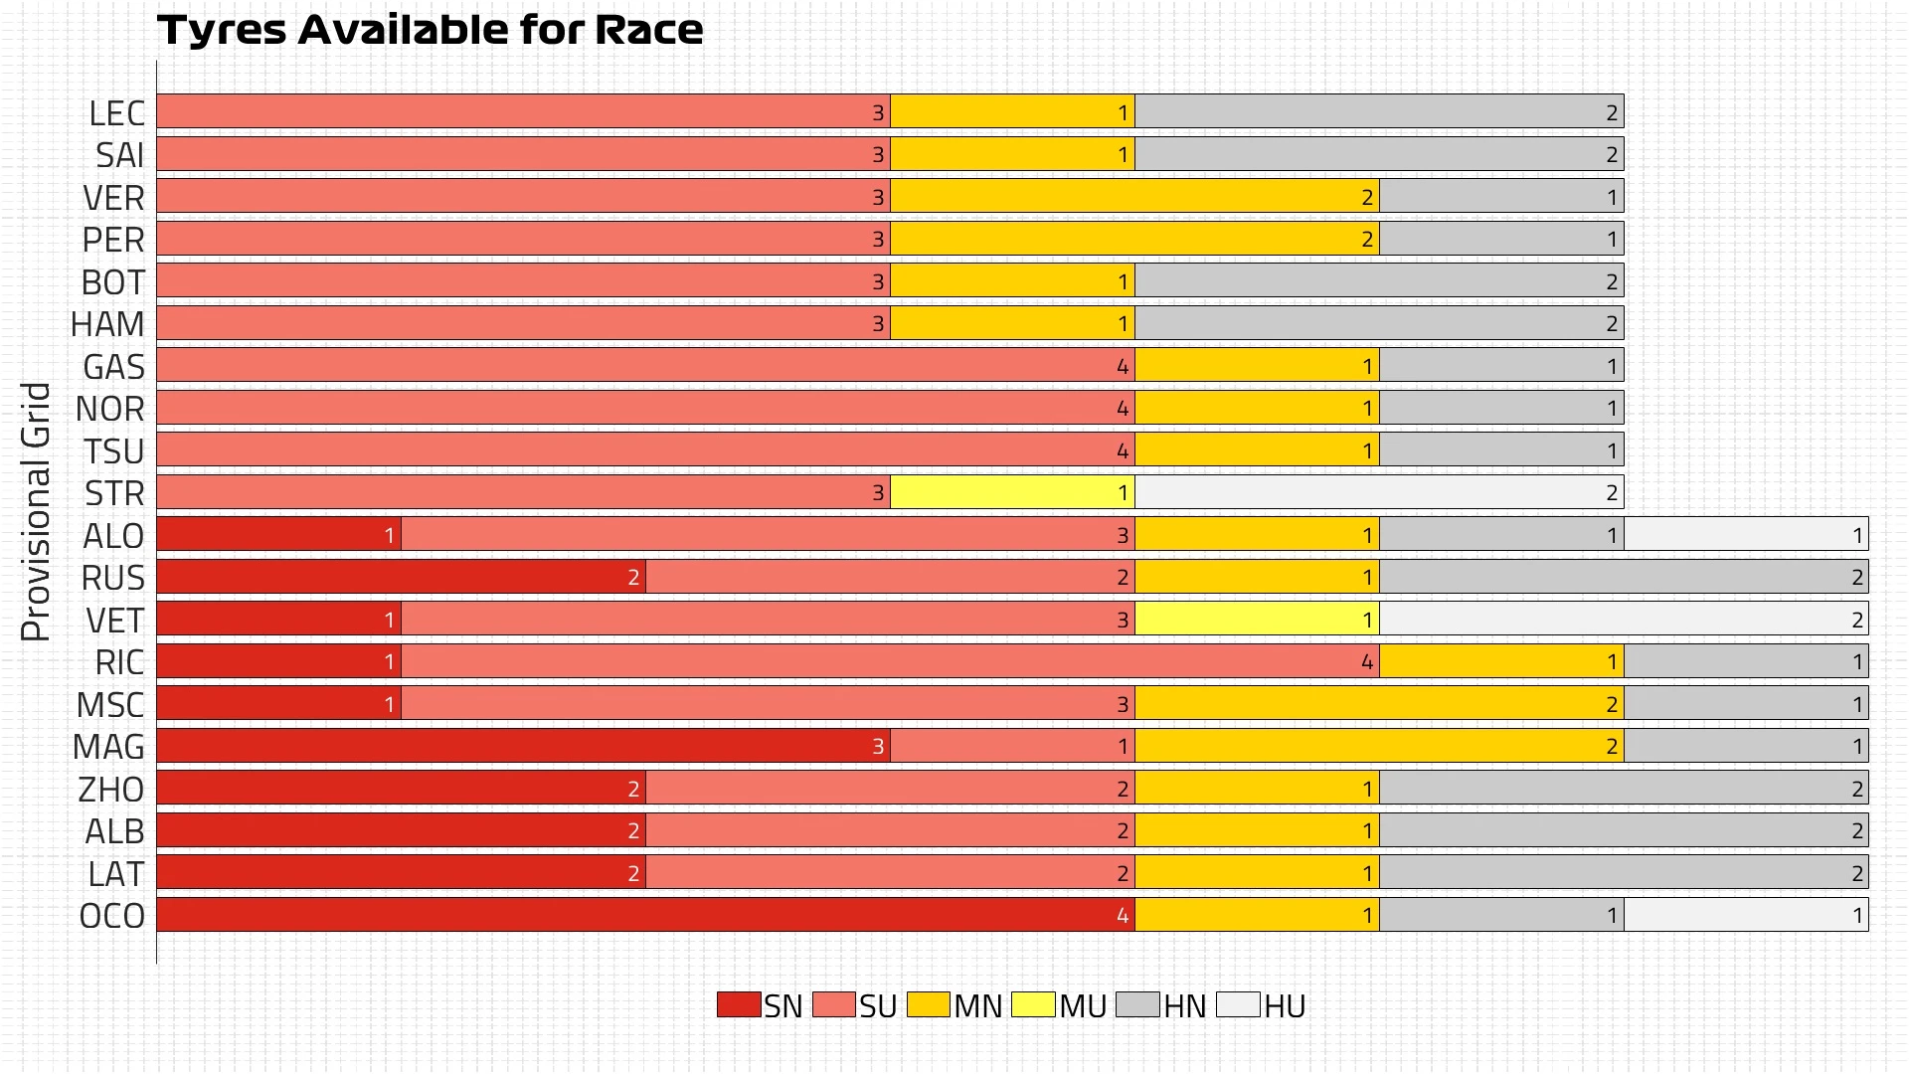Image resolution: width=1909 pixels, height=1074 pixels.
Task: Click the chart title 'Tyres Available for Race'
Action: point(430,30)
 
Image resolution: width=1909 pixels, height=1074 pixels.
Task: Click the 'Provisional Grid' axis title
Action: point(36,511)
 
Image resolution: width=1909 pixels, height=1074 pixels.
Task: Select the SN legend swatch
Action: point(738,1004)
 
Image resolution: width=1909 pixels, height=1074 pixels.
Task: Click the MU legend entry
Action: point(1059,1005)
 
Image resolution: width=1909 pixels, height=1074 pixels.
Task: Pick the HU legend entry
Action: point(1261,1005)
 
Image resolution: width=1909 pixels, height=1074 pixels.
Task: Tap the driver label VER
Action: point(113,198)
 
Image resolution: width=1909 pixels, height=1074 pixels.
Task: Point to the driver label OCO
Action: point(112,916)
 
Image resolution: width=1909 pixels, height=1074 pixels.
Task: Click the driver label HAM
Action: point(107,324)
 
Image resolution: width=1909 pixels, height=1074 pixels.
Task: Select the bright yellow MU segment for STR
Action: point(1012,492)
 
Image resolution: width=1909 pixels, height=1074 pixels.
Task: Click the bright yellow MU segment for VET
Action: point(1257,620)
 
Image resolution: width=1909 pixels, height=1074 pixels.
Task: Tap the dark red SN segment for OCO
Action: point(645,915)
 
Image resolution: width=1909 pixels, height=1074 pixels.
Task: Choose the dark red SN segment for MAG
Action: point(523,746)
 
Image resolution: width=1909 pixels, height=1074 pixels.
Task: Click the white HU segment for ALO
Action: point(1746,535)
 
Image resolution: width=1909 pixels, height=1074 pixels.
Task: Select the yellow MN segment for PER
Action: point(1134,239)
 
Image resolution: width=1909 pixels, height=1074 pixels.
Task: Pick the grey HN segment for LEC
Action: point(1379,112)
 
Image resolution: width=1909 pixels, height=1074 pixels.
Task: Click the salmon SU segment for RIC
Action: point(890,661)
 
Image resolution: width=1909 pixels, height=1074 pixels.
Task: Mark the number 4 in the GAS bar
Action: point(1123,367)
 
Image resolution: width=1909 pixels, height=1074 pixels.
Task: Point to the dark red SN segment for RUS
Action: point(401,577)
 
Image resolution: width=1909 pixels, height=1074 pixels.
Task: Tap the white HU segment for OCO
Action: point(1746,915)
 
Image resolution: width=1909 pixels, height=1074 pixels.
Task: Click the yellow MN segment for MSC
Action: point(1379,704)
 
